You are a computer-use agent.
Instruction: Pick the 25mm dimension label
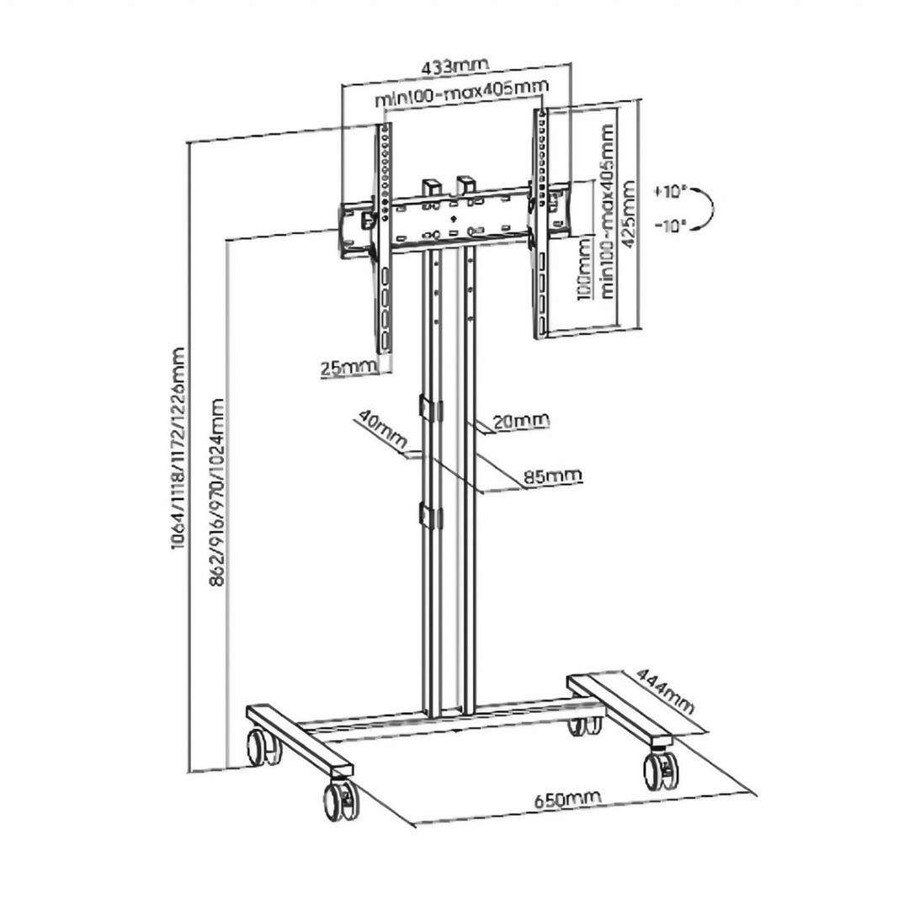click(x=347, y=367)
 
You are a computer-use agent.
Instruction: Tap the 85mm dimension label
click(x=552, y=476)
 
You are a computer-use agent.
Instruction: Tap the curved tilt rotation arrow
click(x=705, y=207)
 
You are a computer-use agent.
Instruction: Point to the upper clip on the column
click(x=428, y=407)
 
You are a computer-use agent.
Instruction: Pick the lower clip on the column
click(x=428, y=517)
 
